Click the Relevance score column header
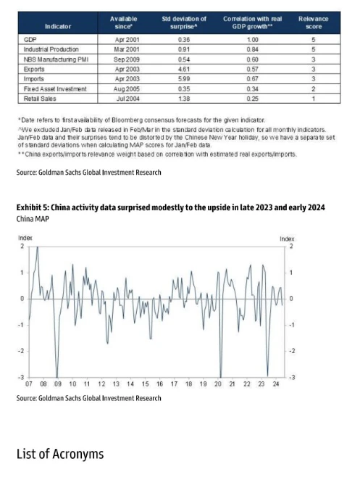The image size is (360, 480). point(313,22)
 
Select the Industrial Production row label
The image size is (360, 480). point(51,49)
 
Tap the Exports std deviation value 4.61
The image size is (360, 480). point(184,69)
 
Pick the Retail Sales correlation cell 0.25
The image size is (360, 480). point(252,99)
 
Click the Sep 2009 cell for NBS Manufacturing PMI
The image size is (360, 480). point(127,59)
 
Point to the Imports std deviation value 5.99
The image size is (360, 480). point(184,79)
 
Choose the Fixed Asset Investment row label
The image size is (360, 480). point(55,88)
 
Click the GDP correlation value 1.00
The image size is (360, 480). point(252,39)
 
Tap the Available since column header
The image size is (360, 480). point(124,22)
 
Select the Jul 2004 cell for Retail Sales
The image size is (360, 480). point(128,99)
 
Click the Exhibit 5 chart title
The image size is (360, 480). point(171,207)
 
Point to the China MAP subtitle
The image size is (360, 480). point(33,219)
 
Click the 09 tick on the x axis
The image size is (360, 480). point(58,384)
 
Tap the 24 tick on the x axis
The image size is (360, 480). point(275,384)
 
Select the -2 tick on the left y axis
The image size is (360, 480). point(20,351)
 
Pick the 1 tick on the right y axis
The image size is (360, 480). point(291,273)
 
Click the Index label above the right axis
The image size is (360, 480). point(287,239)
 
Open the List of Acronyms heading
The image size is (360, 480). point(60,454)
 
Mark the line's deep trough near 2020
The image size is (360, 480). point(221,377)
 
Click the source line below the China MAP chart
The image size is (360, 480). point(88,398)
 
